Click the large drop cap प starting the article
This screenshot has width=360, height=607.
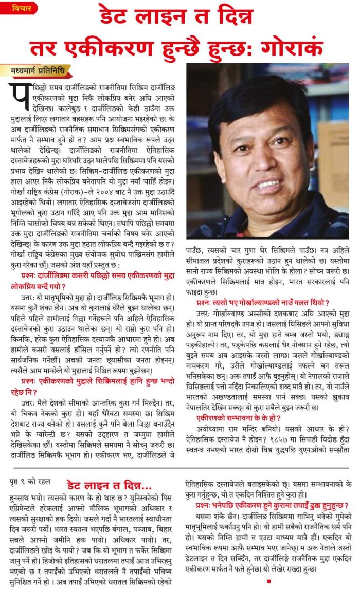coord(19,96)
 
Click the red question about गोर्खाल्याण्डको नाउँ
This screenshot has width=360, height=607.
coord(262,303)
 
